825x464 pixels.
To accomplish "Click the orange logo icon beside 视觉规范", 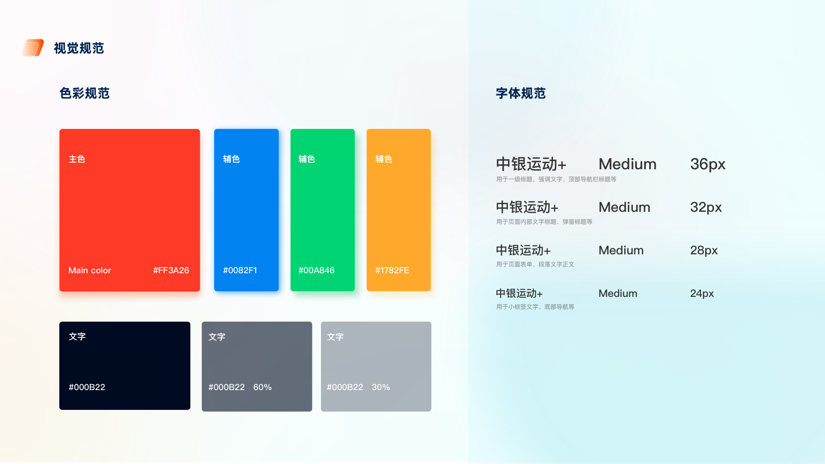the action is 33,48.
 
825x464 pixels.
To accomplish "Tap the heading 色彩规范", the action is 85,93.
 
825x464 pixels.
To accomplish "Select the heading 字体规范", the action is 521,93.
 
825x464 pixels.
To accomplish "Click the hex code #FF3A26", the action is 171,270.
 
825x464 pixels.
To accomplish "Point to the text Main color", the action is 90,270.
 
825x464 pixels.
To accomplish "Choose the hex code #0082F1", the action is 240,270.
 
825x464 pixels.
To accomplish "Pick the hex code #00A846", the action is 316,270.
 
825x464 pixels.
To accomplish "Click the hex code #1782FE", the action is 392,270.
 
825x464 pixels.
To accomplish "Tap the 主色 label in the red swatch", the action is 77,159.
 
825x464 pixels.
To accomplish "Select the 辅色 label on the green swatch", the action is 307,159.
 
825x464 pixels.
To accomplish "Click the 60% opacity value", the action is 263,387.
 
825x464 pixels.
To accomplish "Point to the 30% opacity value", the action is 381,387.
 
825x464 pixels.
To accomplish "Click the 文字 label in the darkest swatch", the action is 77,336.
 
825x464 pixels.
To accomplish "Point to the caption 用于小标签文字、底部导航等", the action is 535,307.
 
